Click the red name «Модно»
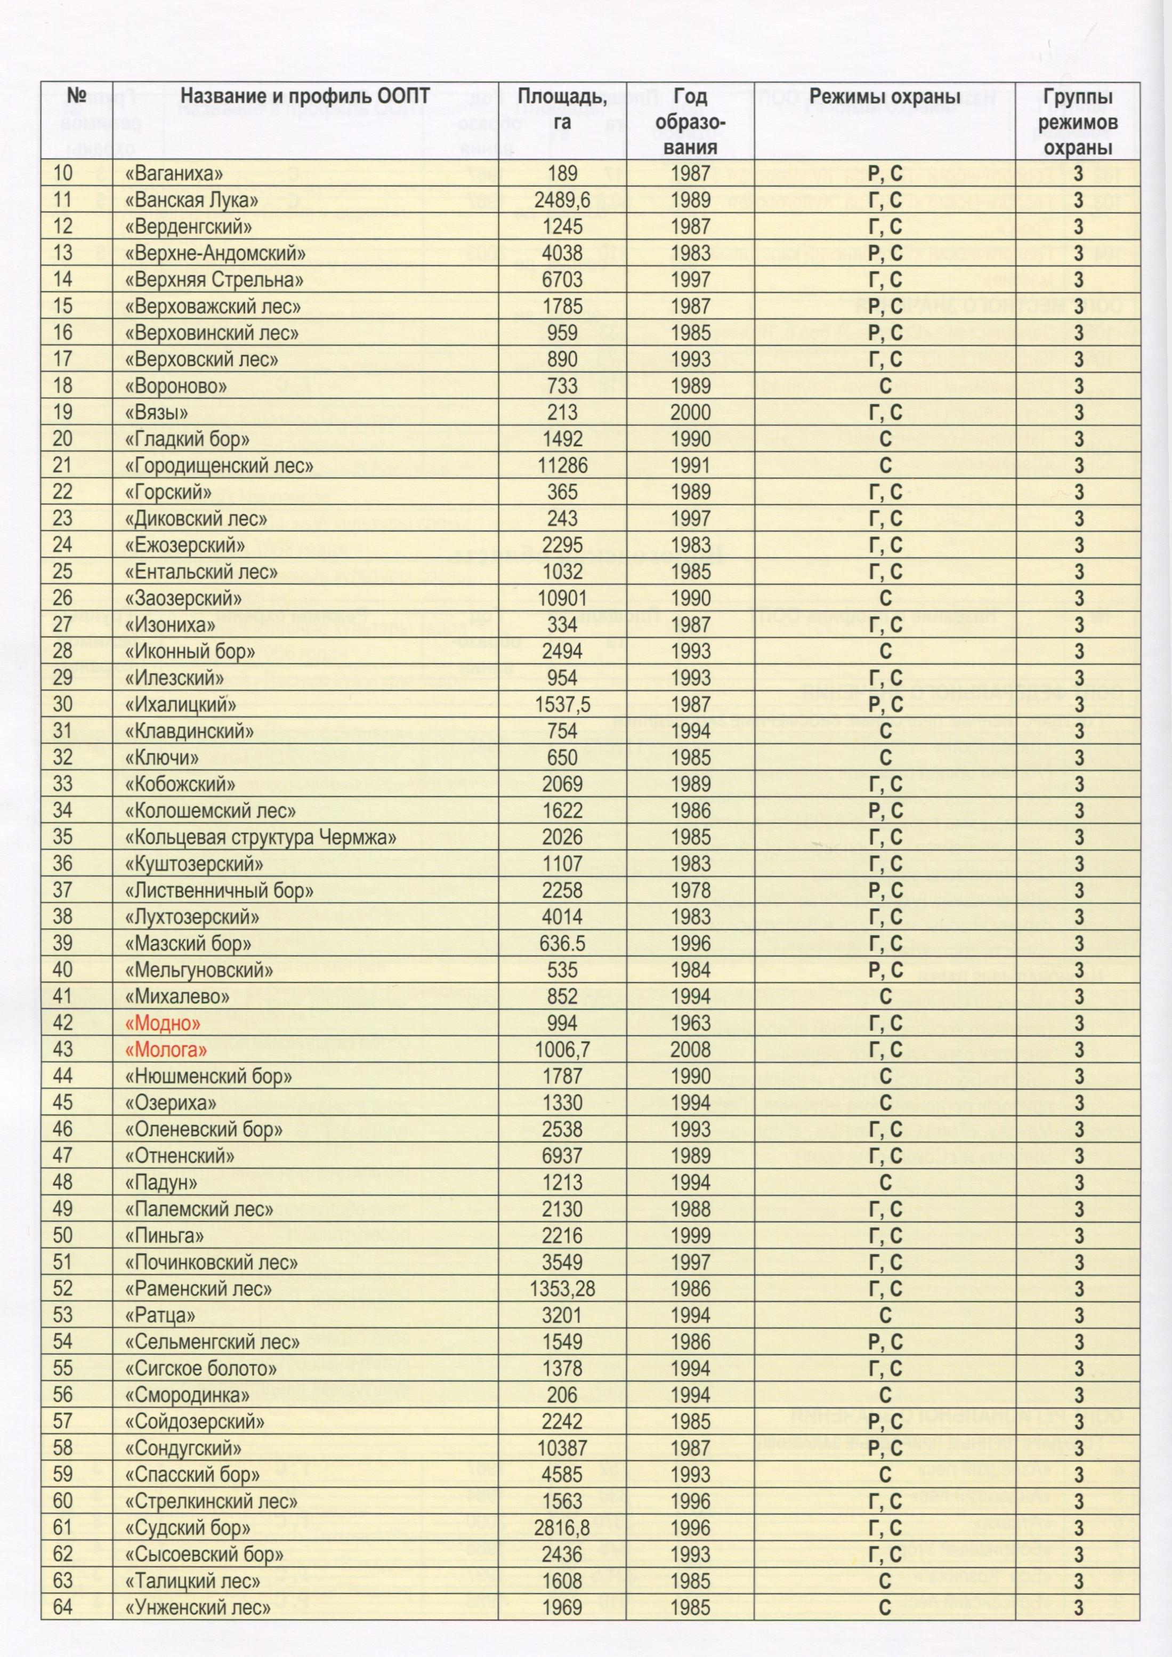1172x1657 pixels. pos(163,1023)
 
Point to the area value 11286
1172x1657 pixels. pos(562,465)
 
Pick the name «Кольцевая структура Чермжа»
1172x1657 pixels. pos(261,837)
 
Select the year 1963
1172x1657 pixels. pos(691,1023)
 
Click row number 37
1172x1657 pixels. pos(63,890)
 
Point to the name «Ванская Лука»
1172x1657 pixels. pos(191,200)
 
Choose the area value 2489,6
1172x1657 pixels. pos(562,200)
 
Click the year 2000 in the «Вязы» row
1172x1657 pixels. pos(691,412)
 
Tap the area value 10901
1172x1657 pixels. pos(562,598)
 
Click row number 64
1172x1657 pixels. pos(63,1607)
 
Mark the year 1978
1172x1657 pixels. pos(691,890)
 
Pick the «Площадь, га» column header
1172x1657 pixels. pos(562,110)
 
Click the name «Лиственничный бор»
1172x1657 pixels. pos(220,890)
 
